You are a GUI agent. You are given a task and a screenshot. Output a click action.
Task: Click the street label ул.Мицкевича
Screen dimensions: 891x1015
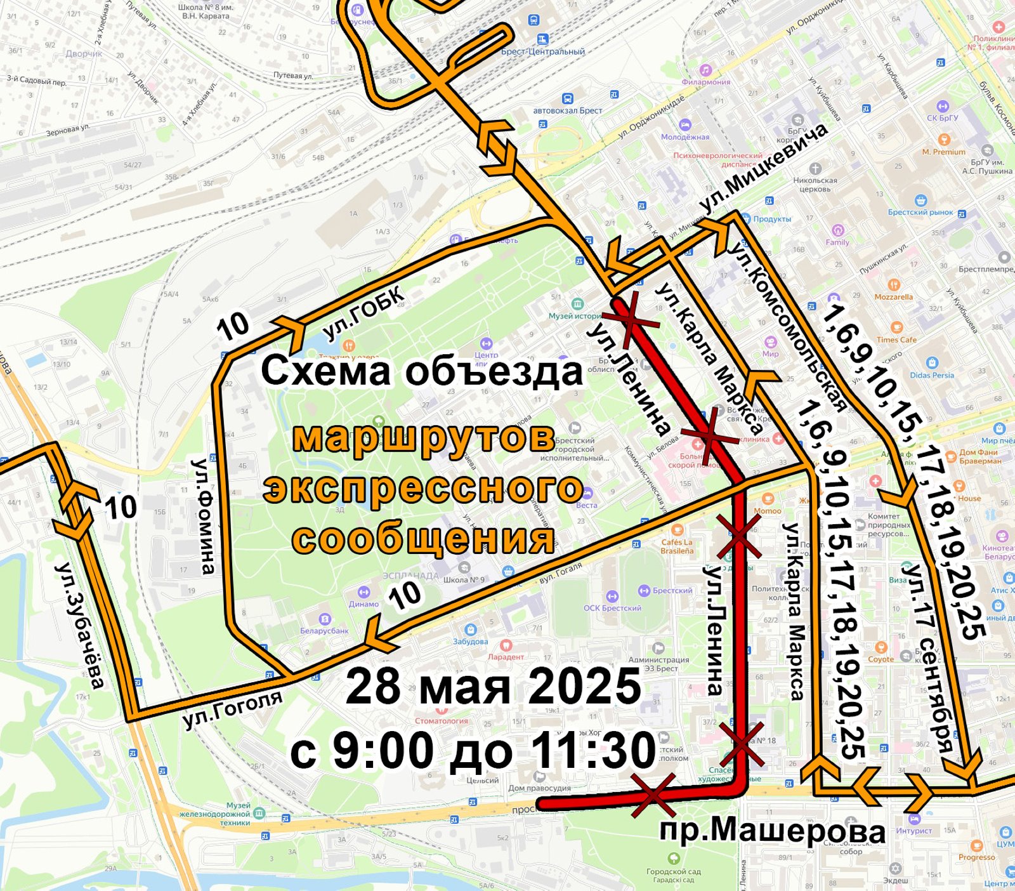tap(764, 168)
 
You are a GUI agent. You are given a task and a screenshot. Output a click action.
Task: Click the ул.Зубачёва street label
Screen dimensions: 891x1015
tap(81, 624)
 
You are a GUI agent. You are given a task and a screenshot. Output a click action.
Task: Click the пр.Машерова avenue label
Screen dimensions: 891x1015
tap(773, 831)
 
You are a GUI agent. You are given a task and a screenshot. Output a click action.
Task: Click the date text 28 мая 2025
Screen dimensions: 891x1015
tap(494, 687)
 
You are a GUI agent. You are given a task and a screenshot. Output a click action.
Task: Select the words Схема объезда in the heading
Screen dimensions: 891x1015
tap(421, 371)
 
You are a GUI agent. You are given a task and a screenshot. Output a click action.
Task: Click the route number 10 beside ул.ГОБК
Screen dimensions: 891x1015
tap(233, 326)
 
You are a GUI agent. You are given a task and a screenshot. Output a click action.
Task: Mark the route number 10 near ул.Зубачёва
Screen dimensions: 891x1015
tap(121, 508)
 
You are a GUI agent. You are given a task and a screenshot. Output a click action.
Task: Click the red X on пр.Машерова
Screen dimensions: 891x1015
tap(654, 795)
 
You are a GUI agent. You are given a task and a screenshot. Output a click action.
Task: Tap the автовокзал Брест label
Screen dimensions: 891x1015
tap(568, 110)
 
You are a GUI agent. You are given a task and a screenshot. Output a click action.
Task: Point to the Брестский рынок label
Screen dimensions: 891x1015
tap(920, 212)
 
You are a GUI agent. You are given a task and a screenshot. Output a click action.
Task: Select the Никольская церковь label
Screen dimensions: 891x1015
tap(815, 184)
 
